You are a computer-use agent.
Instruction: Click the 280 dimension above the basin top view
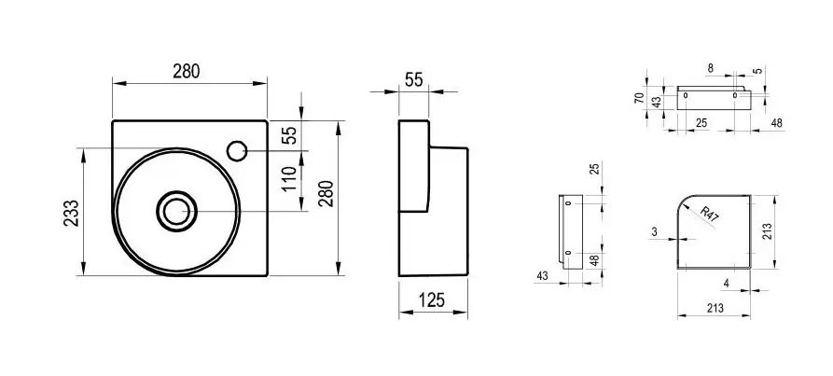coord(186,71)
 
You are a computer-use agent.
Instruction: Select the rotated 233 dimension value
coord(71,213)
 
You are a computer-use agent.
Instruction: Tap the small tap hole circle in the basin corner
coord(237,151)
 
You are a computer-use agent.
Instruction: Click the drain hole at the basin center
coord(176,212)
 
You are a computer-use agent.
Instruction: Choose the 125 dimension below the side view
coord(431,300)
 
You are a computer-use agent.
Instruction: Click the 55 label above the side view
coord(414,79)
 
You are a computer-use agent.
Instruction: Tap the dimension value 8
coord(711,68)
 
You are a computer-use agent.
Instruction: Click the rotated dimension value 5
coord(758,71)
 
